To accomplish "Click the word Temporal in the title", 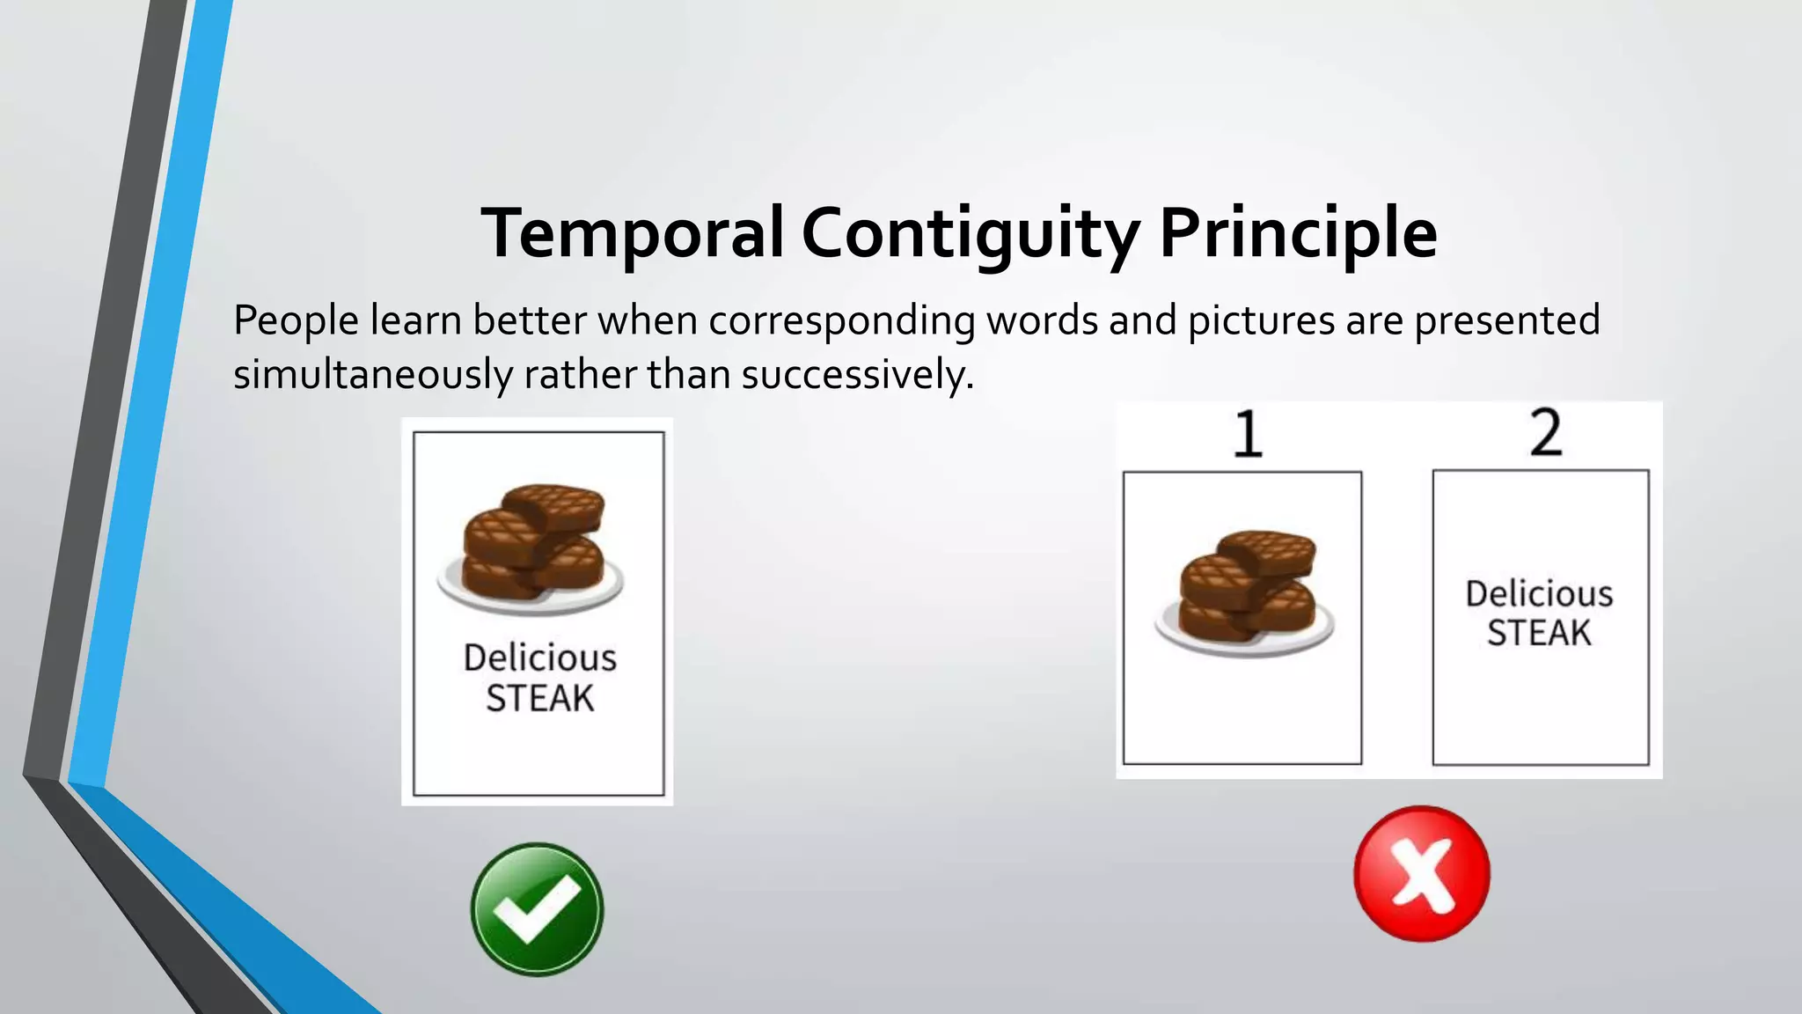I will [x=632, y=232].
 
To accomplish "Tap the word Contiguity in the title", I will [x=970, y=234].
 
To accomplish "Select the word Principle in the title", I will [x=1298, y=234].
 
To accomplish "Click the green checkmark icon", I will [x=537, y=909].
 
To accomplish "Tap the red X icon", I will [x=1421, y=873].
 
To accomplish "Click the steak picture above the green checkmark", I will [x=532, y=547].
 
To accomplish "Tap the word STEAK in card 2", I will [x=1539, y=633].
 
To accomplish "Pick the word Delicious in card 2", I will [x=1539, y=594].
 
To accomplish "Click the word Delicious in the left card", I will [x=540, y=658].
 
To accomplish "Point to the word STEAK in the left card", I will [x=540, y=698].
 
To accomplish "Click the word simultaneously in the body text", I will [x=372, y=375].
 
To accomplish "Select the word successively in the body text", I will [x=857, y=375].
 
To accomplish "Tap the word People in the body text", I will [x=296, y=320].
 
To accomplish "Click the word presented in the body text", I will [x=1506, y=320].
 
